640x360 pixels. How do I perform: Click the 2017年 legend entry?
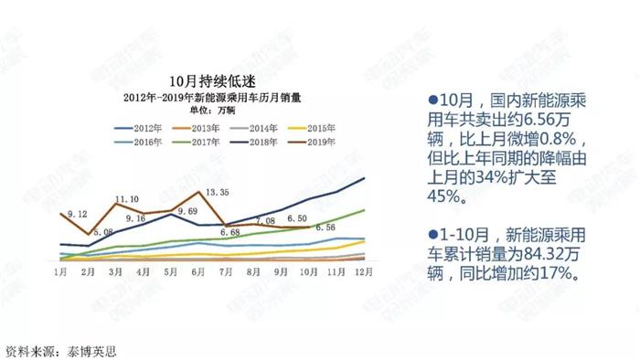pos(204,143)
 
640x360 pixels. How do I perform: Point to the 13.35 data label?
pos(217,192)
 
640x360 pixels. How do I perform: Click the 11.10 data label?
pos(127,199)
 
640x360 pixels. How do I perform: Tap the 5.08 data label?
pos(102,232)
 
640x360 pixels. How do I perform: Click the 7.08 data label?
pos(265,221)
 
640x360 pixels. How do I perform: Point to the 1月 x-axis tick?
pos(60,272)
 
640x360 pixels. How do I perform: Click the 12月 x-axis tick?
pos(364,272)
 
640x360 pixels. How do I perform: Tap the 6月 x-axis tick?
pos(198,272)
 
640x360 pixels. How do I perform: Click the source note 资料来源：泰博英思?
pos(62,349)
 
